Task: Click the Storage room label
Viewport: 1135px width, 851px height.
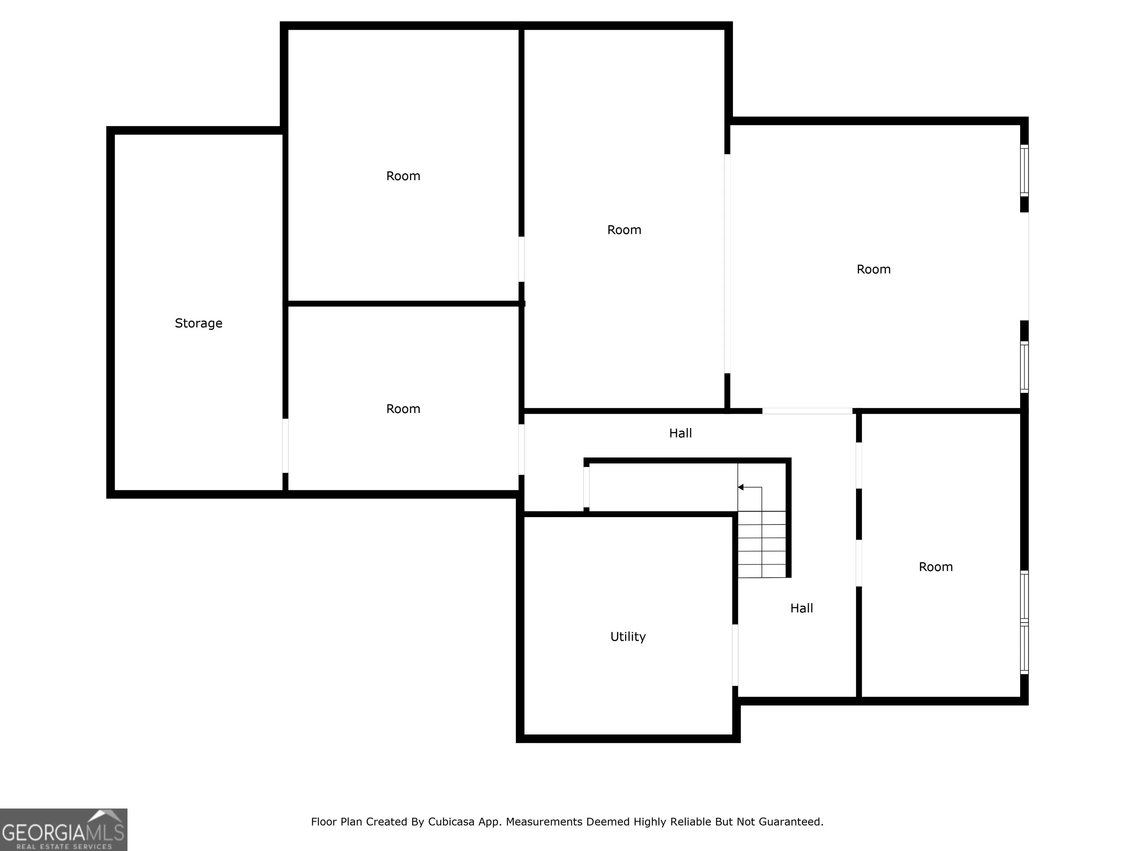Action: [198, 323]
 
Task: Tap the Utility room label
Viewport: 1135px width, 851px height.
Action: [628, 636]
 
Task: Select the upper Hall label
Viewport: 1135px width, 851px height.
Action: [681, 434]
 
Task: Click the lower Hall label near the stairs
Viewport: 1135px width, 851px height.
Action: [801, 608]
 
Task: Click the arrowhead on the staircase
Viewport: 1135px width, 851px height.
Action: [741, 487]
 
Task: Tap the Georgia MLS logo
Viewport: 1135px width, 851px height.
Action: [64, 830]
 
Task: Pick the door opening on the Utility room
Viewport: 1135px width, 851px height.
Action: [735, 655]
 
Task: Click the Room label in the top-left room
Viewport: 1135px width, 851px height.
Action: [403, 176]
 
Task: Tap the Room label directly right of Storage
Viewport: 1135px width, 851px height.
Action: [403, 409]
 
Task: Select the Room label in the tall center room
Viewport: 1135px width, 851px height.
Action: [624, 230]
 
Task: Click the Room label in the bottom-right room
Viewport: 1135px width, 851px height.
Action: [935, 567]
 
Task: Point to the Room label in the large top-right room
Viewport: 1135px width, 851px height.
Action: [873, 269]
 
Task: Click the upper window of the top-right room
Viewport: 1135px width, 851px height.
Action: [1024, 170]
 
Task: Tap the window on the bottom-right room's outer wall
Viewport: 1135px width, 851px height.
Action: [1024, 622]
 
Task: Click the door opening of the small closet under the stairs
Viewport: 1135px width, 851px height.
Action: [586, 487]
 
